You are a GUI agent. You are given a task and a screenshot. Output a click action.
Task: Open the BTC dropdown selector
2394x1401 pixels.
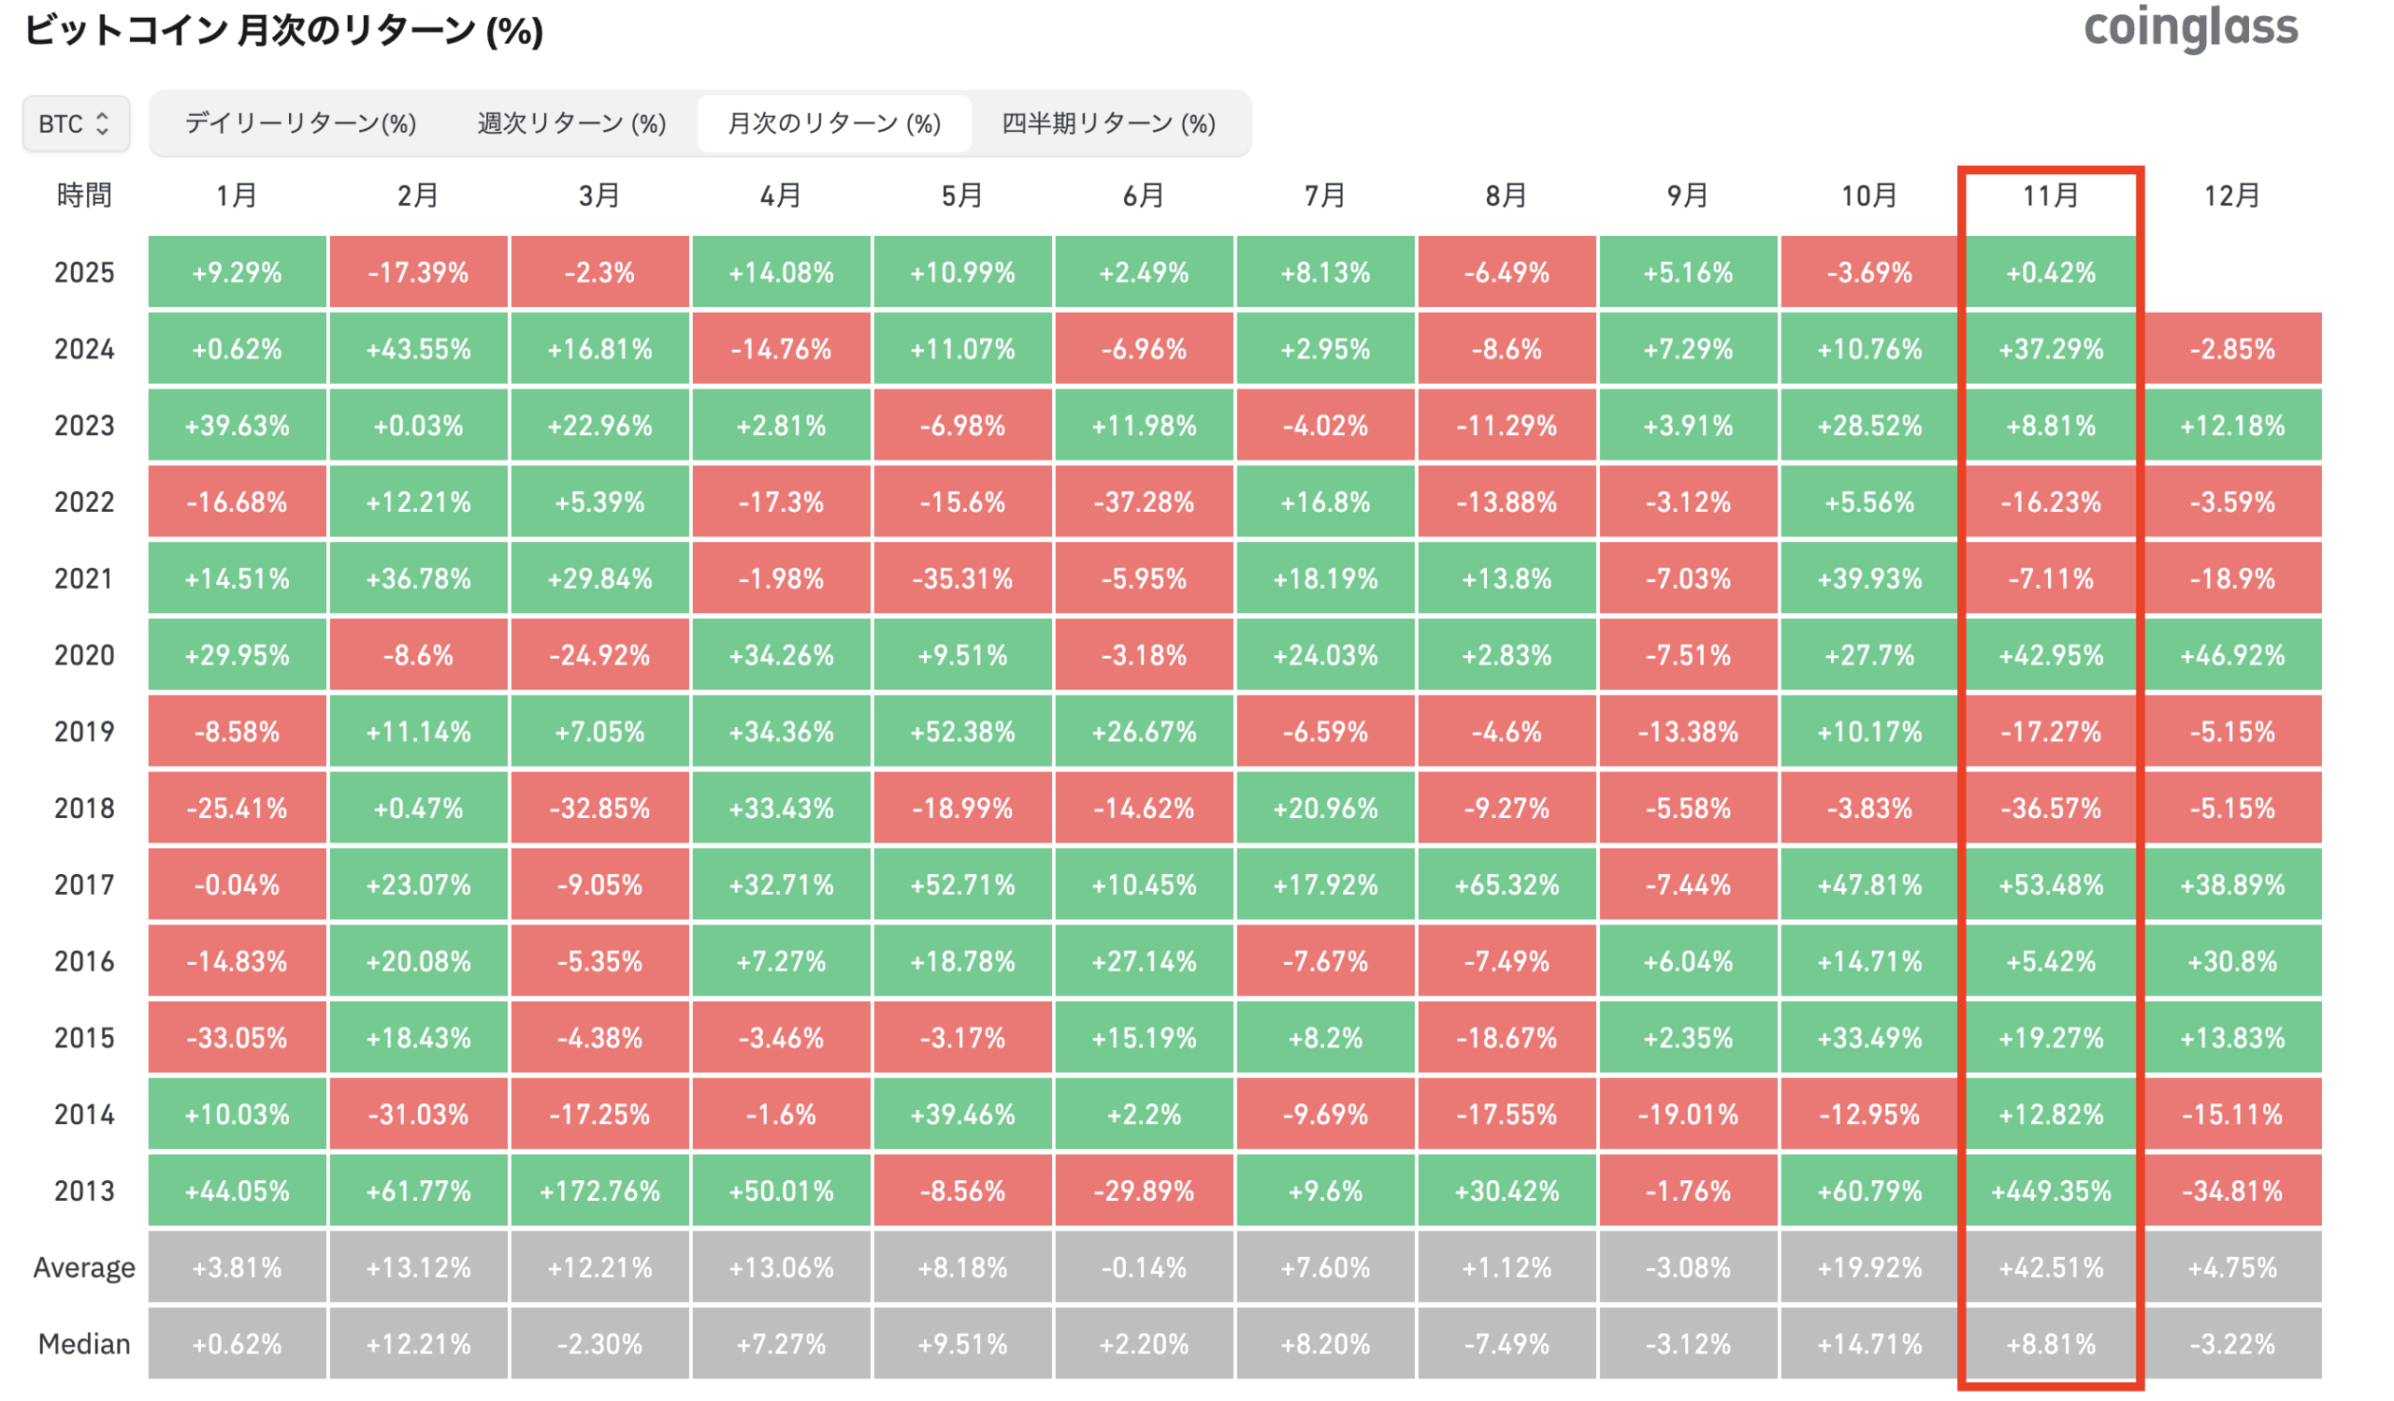(x=75, y=124)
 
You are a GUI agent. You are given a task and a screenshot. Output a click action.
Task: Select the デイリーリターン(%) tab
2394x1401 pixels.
(x=300, y=124)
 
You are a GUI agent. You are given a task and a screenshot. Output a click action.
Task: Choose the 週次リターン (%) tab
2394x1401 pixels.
(x=571, y=124)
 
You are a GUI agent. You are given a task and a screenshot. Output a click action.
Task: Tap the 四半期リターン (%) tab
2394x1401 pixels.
(x=1108, y=124)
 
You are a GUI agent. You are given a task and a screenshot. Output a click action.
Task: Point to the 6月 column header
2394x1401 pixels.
(x=1143, y=196)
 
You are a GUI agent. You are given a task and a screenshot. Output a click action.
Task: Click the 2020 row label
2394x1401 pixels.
(x=83, y=655)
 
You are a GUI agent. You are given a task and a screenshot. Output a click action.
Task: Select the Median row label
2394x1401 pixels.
(x=83, y=1343)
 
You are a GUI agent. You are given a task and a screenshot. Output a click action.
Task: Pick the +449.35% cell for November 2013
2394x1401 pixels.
(x=2050, y=1190)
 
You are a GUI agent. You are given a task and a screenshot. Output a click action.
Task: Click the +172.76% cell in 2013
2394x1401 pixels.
(x=599, y=1190)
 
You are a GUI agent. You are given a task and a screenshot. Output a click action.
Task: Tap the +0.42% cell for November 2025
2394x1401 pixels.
(x=2050, y=272)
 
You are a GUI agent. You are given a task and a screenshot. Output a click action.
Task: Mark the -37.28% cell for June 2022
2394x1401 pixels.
(x=1143, y=502)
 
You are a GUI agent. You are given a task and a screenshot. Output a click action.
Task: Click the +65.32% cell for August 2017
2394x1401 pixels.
(x=1506, y=885)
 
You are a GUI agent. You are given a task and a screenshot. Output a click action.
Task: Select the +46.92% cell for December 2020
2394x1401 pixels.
(x=2231, y=655)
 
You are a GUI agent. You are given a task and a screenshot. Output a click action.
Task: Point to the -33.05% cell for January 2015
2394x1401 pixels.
(x=237, y=1037)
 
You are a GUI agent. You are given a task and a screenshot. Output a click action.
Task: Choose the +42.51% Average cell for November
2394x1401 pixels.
(x=2050, y=1267)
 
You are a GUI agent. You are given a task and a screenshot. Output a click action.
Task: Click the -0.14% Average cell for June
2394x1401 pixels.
(x=1143, y=1267)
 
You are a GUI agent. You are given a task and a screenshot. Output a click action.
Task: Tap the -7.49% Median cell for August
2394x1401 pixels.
(x=1506, y=1343)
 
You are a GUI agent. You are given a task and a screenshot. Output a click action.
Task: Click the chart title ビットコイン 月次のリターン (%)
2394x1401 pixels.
(x=283, y=30)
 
